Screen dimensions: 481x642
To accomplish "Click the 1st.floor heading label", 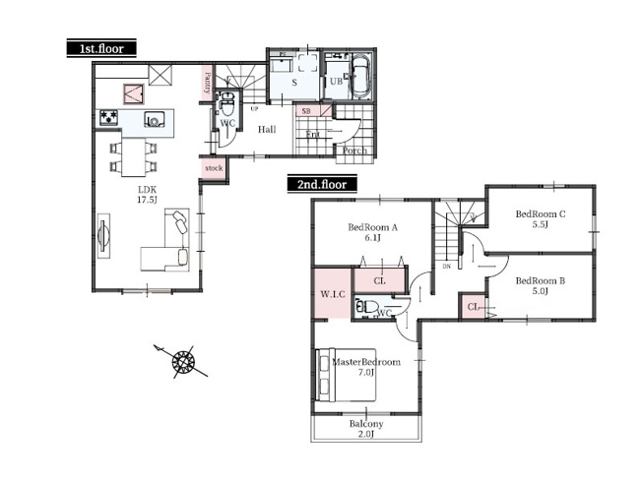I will click(101, 47).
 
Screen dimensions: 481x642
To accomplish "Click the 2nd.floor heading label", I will click(322, 183).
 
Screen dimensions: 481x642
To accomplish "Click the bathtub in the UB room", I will click(358, 77).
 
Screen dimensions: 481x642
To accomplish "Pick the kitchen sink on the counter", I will click(155, 121).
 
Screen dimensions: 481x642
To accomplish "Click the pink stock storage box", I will click(214, 169).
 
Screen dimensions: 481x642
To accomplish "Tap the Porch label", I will click(353, 150).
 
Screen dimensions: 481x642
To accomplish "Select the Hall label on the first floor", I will click(267, 129).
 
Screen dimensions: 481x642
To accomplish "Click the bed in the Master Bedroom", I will click(345, 374).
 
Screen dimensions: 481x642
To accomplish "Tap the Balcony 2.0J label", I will click(366, 429).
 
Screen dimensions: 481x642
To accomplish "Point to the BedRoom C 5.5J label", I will click(541, 219).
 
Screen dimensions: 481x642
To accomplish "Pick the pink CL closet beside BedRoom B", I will click(474, 307).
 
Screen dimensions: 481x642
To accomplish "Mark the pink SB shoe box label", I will click(308, 113).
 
